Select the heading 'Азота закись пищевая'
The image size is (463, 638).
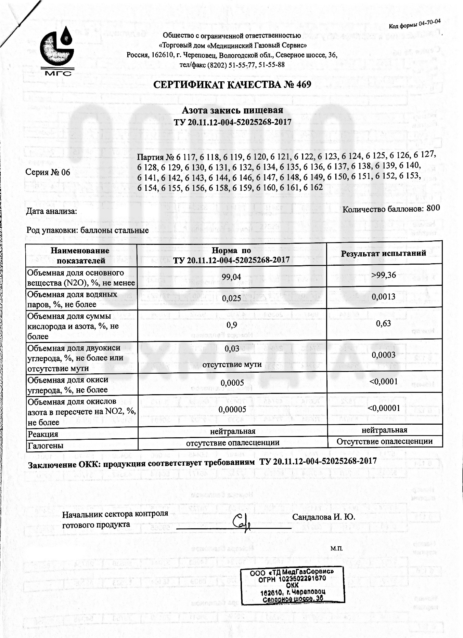(232, 110)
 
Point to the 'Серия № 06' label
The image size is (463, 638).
(48, 172)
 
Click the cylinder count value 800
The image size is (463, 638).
(433, 208)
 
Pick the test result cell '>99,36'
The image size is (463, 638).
(384, 275)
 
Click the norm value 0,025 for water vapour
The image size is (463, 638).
(231, 298)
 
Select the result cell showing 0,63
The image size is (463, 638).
(383, 323)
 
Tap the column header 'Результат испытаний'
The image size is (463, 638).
(383, 253)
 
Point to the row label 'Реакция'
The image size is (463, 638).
(43, 434)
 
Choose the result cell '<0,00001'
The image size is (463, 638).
(384, 408)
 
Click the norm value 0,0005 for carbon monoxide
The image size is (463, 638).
(232, 383)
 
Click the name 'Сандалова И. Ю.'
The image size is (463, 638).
(323, 517)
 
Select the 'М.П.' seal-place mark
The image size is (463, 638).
(336, 549)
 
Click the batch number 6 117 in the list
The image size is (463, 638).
(185, 157)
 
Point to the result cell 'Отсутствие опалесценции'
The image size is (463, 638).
(384, 441)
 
